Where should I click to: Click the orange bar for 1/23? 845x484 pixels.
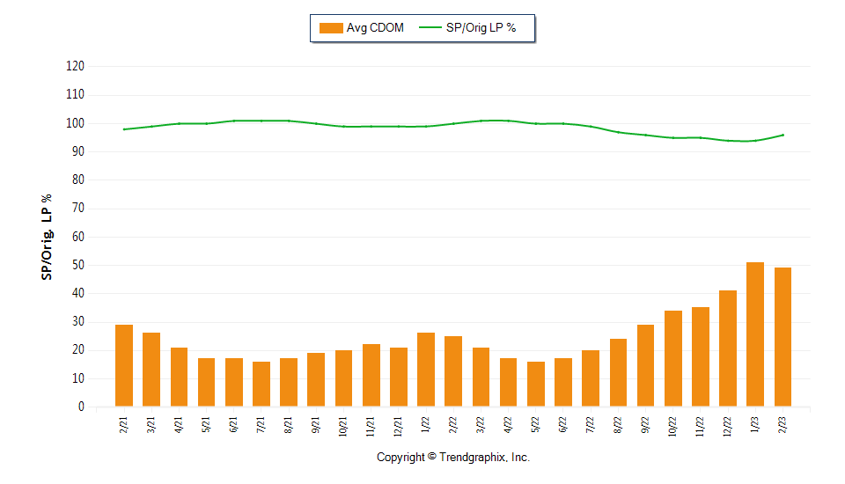(755, 334)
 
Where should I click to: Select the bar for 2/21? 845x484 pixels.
(124, 366)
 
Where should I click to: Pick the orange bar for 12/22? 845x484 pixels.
(728, 348)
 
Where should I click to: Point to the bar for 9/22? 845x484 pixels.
(645, 366)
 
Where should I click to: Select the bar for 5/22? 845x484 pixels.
(536, 385)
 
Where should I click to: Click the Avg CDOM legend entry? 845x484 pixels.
(362, 28)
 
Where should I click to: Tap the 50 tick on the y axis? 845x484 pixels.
(77, 265)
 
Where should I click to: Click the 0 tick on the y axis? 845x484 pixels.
(80, 407)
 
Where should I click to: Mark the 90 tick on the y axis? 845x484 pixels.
(77, 151)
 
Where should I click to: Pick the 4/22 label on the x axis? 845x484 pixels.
(509, 425)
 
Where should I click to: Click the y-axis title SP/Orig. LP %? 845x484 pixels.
(47, 237)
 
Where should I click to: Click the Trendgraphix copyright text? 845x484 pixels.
(453, 458)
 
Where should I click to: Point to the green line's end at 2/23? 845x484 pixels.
(783, 135)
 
